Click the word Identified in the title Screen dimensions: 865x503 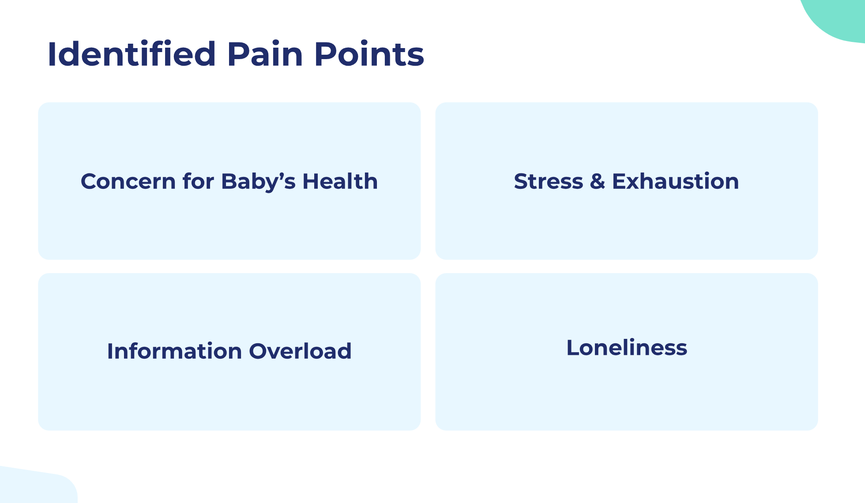click(132, 54)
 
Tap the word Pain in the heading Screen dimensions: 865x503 click(265, 54)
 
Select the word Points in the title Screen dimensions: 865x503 click(369, 54)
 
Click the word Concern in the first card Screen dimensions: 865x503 click(128, 181)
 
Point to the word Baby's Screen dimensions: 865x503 click(258, 182)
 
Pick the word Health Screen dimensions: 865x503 click(340, 181)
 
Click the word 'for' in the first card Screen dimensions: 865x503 click(198, 181)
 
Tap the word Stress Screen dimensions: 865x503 click(549, 181)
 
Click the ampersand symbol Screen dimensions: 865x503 click(598, 181)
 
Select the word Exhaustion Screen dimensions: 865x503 click(675, 181)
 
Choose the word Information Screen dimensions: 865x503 click(175, 351)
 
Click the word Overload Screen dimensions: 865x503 click(300, 351)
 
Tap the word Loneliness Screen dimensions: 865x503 click(627, 348)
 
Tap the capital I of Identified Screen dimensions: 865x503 click(51, 54)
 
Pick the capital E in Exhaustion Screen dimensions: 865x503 click(619, 181)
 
